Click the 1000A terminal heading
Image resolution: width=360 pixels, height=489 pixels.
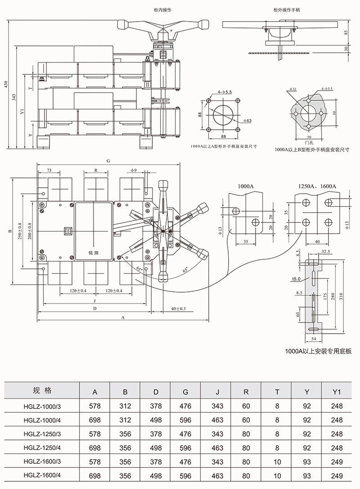click(x=246, y=186)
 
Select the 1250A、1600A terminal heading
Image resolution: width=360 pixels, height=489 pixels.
click(x=318, y=186)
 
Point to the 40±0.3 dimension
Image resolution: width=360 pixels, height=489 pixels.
click(x=178, y=309)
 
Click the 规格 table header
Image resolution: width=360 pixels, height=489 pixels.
click(x=43, y=390)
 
